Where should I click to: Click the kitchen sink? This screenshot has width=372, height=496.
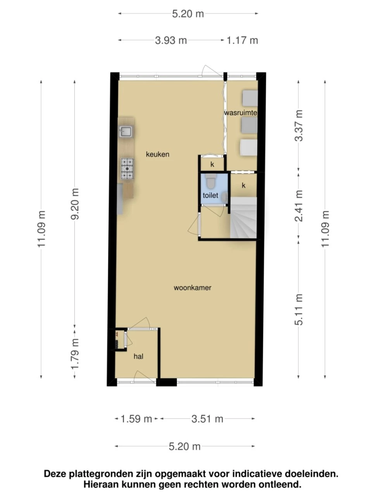point(126,131)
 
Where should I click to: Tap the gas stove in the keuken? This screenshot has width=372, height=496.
point(127,168)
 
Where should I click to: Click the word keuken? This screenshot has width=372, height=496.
point(157,154)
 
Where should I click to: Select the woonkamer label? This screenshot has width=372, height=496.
point(193,288)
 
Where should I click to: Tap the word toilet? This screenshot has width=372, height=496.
point(210,195)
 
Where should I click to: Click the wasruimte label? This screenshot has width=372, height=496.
point(241,112)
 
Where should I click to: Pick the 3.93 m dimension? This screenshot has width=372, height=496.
point(171,40)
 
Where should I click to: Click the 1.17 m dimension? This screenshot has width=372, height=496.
point(242,40)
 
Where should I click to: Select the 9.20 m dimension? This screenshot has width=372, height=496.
point(74,204)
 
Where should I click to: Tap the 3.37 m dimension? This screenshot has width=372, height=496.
point(298,126)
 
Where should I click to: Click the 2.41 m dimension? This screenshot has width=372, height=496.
point(298,206)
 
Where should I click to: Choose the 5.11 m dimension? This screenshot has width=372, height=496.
point(298,310)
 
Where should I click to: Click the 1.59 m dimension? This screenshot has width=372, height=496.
point(136,419)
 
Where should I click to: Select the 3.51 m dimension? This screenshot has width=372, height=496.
point(207,419)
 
